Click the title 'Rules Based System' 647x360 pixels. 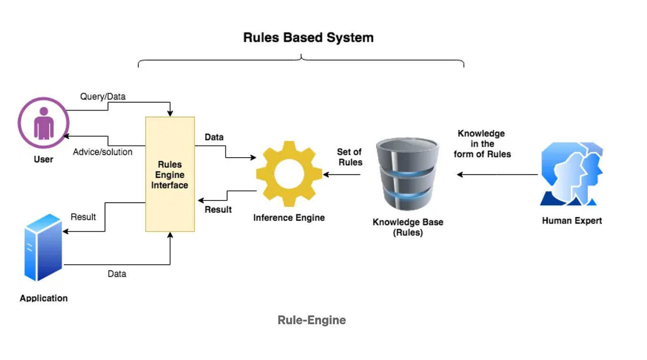click(308, 38)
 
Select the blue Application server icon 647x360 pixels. click(43, 248)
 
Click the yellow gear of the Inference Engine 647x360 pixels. click(289, 174)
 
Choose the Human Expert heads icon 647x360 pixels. click(571, 175)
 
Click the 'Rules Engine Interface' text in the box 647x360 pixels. click(170, 175)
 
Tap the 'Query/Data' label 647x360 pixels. click(103, 97)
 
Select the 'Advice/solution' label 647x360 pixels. click(102, 152)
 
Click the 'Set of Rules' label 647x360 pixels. click(349, 157)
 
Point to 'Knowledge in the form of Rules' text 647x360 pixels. click(482, 144)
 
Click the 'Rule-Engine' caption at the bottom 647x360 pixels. click(312, 320)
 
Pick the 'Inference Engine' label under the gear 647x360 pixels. click(289, 218)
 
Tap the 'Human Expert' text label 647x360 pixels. click(572, 220)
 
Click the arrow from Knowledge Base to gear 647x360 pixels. click(342, 175)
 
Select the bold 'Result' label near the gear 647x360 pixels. click(218, 210)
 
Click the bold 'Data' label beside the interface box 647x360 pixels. click(214, 137)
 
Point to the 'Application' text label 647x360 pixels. click(44, 298)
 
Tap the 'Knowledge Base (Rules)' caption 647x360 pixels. click(408, 228)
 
